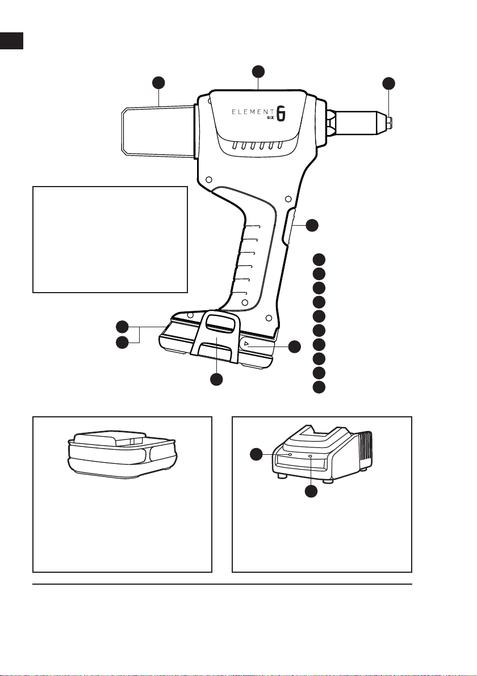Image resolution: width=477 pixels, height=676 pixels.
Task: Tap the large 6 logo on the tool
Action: (x=281, y=113)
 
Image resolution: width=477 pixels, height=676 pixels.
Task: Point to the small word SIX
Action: (x=271, y=118)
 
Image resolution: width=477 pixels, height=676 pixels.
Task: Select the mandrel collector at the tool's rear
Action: (x=157, y=131)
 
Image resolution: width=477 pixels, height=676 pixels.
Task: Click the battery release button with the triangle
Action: (x=246, y=344)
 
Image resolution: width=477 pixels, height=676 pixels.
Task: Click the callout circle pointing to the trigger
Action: (x=312, y=225)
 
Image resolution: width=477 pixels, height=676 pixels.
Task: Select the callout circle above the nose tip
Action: (x=389, y=83)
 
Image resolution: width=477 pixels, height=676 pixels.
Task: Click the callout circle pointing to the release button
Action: (x=294, y=347)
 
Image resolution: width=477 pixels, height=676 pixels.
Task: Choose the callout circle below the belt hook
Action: (x=216, y=379)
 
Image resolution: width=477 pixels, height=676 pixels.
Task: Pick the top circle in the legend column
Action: (x=319, y=260)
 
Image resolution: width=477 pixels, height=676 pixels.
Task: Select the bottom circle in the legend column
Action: (x=319, y=387)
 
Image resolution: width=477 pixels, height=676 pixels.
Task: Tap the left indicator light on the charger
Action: (x=290, y=455)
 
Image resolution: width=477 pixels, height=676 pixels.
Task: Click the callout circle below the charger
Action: (x=312, y=491)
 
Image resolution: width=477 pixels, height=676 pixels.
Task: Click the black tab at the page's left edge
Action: (x=11, y=40)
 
